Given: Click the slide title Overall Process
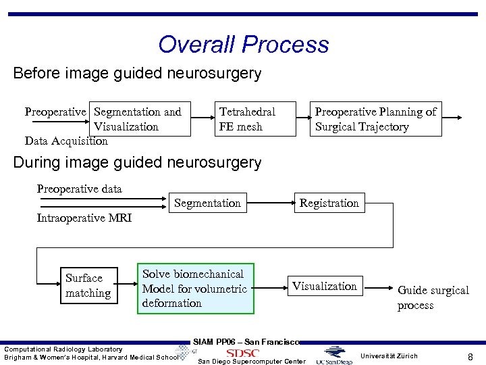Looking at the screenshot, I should tap(243, 45).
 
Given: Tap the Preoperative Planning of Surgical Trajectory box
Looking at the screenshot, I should tap(375, 119).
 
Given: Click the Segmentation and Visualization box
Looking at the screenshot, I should tap(138, 119).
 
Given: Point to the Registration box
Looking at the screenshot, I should tap(329, 203).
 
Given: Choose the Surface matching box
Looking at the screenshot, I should tap(88, 285).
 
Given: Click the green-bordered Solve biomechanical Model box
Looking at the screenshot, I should tap(196, 289).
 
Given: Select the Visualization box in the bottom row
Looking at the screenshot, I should tap(325, 286).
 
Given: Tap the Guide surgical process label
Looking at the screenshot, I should tap(433, 297).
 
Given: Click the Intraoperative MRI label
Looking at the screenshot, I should tap(84, 218).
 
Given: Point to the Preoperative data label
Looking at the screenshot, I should tap(79, 189).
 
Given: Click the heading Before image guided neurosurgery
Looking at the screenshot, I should tap(137, 73).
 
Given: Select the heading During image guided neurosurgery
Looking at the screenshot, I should tap(137, 162).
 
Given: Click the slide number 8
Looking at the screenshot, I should tap(470, 356).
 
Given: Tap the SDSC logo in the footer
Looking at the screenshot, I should tap(242, 353).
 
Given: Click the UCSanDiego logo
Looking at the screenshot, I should tap(337, 355).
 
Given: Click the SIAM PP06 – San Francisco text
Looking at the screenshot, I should tap(246, 341).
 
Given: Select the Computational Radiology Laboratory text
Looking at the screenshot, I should tap(63, 349).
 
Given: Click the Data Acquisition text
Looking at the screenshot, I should tap(66, 141).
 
